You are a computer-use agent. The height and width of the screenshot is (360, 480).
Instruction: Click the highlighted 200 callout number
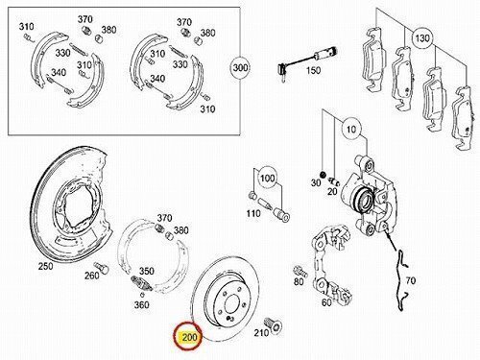tap(189, 337)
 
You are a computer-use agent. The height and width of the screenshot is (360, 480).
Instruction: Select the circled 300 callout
tap(240, 67)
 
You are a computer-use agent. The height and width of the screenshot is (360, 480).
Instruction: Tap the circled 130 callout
tap(422, 38)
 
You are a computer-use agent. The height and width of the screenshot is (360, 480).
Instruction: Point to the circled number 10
tap(351, 130)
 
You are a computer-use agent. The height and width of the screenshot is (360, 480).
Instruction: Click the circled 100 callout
tap(268, 178)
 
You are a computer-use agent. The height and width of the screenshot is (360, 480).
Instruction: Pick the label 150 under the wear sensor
tap(313, 70)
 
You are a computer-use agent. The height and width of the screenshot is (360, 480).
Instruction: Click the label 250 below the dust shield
tap(45, 266)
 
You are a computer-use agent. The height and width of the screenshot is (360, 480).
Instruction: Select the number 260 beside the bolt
tap(92, 275)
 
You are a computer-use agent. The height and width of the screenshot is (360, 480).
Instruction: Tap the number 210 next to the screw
tap(261, 333)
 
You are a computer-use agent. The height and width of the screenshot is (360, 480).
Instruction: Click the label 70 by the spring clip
tap(411, 280)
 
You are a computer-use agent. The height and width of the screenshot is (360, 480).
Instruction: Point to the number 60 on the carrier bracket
tap(326, 302)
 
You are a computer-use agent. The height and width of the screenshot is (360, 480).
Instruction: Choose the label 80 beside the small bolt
tap(299, 281)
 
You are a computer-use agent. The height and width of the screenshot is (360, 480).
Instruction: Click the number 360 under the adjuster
tap(141, 304)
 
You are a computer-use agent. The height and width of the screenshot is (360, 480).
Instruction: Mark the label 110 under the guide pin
tap(253, 213)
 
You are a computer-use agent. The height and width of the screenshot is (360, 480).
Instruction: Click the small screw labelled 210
tap(275, 325)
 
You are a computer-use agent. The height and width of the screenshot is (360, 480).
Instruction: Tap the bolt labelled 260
tap(102, 268)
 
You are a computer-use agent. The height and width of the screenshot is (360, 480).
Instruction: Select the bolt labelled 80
tap(300, 272)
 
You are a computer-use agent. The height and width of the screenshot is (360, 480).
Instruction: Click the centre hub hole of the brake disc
tap(232, 304)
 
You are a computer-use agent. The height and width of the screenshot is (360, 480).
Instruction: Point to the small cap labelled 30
tap(323, 175)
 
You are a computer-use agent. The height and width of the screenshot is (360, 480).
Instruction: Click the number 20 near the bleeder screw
tap(332, 191)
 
